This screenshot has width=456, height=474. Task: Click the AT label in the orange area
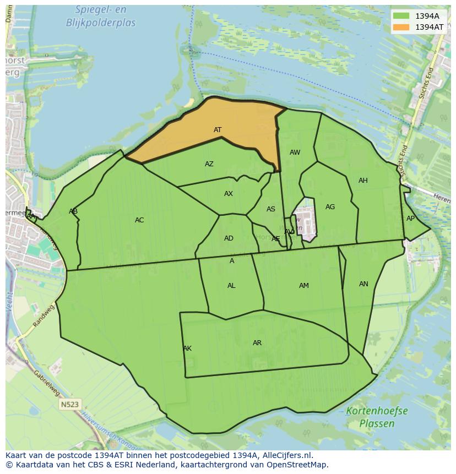tap(218, 130)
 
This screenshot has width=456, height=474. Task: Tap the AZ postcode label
tap(209, 164)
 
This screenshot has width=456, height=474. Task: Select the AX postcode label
tap(229, 194)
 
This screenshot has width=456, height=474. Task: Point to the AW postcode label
tap(295, 152)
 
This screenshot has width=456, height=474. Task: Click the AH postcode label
tap(363, 181)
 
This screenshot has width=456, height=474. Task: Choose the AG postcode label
tap(330, 207)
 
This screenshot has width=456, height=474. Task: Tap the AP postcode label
tap(410, 219)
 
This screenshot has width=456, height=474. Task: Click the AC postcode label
tap(139, 220)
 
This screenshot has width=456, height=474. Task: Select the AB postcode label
tap(73, 211)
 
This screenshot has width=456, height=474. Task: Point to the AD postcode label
tap(229, 238)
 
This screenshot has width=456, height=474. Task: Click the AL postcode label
tap(231, 286)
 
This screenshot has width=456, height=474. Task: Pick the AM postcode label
tap(304, 286)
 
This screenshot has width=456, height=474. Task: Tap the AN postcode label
tap(363, 284)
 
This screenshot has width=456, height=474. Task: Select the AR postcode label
tap(257, 343)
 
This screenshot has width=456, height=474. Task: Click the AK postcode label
tap(187, 348)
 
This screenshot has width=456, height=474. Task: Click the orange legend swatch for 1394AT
tap(401, 27)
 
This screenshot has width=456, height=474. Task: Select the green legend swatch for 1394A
tap(401, 16)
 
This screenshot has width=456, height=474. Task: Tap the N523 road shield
tap(70, 405)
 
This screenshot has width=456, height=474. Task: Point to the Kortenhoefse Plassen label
tap(377, 417)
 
